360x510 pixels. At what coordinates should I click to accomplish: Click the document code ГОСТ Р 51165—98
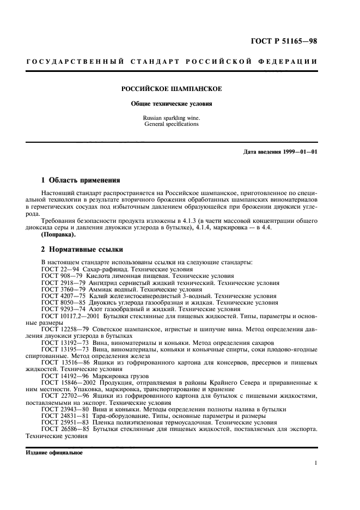289,40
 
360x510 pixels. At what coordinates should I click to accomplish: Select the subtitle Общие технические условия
171,104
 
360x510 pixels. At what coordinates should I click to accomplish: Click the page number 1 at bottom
316,463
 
